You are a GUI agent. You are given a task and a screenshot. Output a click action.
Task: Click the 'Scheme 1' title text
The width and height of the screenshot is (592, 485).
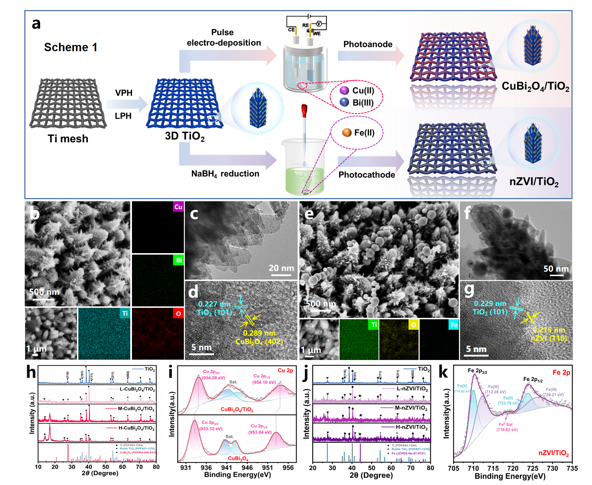(71, 47)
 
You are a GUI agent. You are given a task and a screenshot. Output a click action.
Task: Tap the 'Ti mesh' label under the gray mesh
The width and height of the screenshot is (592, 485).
(68, 139)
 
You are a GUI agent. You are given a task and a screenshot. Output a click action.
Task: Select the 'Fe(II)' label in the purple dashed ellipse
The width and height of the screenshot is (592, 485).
(364, 133)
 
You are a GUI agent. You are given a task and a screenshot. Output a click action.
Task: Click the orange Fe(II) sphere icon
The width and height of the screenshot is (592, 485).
(347, 132)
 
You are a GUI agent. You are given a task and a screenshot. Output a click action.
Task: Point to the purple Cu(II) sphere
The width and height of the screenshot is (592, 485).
(344, 91)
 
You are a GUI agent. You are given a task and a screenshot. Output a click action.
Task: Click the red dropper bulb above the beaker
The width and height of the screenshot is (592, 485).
(304, 110)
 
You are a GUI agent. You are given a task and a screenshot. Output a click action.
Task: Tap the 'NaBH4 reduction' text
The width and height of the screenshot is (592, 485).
(225, 174)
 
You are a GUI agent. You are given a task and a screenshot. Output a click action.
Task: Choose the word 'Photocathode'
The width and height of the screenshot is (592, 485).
(367, 174)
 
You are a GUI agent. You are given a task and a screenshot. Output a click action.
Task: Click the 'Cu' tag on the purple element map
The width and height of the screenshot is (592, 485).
(178, 207)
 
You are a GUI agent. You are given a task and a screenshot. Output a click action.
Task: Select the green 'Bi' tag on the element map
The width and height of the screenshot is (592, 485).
(179, 260)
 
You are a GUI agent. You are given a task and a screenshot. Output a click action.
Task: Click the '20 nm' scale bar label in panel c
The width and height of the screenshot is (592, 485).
(281, 268)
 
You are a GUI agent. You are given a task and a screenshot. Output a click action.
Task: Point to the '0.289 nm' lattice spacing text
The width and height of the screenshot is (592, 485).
(259, 333)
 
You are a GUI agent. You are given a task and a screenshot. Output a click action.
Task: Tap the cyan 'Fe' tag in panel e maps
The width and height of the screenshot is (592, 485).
(454, 325)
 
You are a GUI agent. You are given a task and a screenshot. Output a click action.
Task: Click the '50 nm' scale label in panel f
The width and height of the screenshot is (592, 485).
(556, 269)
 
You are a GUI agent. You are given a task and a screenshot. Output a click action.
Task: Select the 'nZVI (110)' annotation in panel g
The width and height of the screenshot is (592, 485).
(549, 338)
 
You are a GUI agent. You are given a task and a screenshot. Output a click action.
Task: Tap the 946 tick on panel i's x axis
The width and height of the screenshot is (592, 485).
(247, 468)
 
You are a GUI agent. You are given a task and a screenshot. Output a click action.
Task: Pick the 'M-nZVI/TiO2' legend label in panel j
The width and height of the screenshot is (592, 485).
(411, 408)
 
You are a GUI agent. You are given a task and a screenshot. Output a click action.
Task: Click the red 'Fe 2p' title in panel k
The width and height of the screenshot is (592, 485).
(561, 372)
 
